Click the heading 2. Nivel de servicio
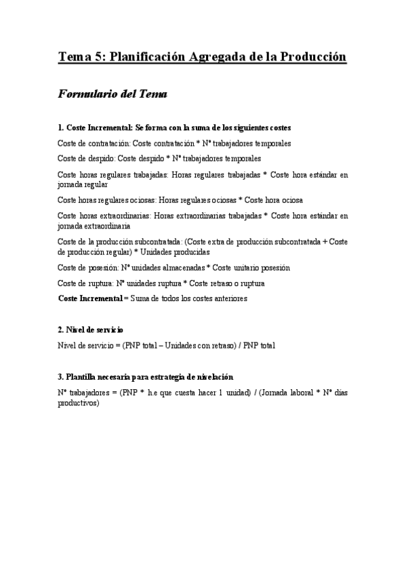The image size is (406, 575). point(91,330)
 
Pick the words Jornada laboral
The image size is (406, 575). point(276,392)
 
